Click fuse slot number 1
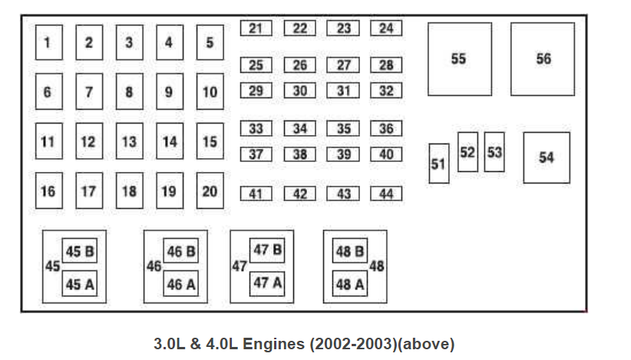point(48,43)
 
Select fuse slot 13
point(129,142)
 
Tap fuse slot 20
point(210,190)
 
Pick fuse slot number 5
point(210,43)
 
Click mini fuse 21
point(256,28)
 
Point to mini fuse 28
point(386,65)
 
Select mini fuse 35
point(343,129)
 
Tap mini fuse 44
point(386,194)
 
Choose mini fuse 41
point(256,194)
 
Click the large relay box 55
point(459,59)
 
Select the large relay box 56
point(543,59)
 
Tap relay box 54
point(547,157)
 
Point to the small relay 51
point(438,163)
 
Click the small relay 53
point(494,152)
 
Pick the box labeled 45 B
point(80,252)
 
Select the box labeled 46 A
point(181,285)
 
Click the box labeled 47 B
point(267,250)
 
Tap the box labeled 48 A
point(349,285)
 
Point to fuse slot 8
point(129,92)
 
